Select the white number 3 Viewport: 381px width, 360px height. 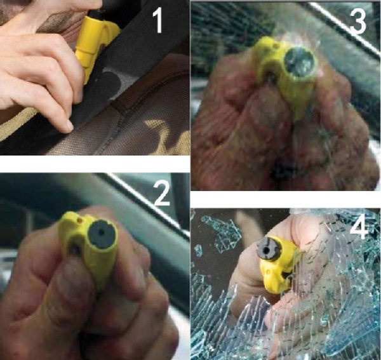(358, 21)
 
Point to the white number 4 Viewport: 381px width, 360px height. (359, 227)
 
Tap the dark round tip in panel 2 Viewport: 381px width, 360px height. (102, 234)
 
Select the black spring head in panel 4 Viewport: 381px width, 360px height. (269, 249)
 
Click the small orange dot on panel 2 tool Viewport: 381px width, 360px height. (79, 220)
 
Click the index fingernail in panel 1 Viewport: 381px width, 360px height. (70, 126)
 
